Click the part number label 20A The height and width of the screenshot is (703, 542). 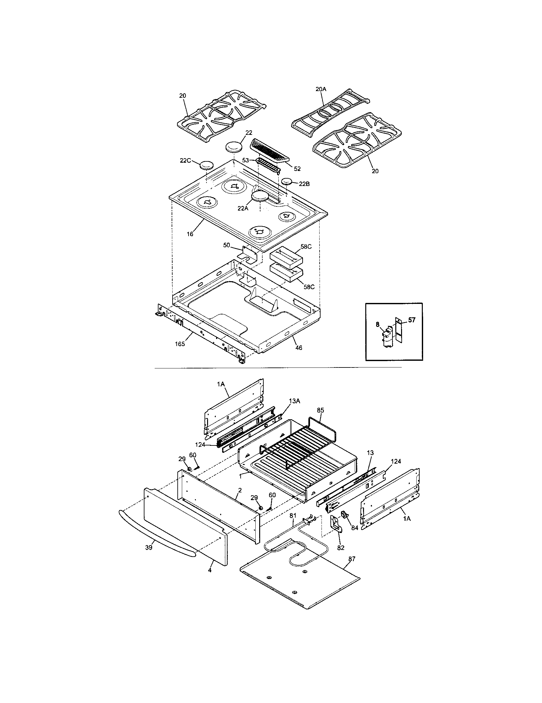[x=321, y=89]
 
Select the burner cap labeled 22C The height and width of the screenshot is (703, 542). [x=207, y=166]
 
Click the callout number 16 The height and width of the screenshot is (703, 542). [x=190, y=234]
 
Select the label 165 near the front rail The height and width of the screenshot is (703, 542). [x=180, y=344]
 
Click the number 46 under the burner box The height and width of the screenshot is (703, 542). [x=299, y=348]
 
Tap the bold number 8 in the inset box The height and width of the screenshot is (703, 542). [x=377, y=325]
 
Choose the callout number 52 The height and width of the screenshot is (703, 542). [x=297, y=168]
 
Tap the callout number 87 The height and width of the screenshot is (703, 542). [x=352, y=559]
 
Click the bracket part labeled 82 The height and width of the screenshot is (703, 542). [x=337, y=529]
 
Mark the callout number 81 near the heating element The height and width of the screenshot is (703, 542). [x=292, y=515]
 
